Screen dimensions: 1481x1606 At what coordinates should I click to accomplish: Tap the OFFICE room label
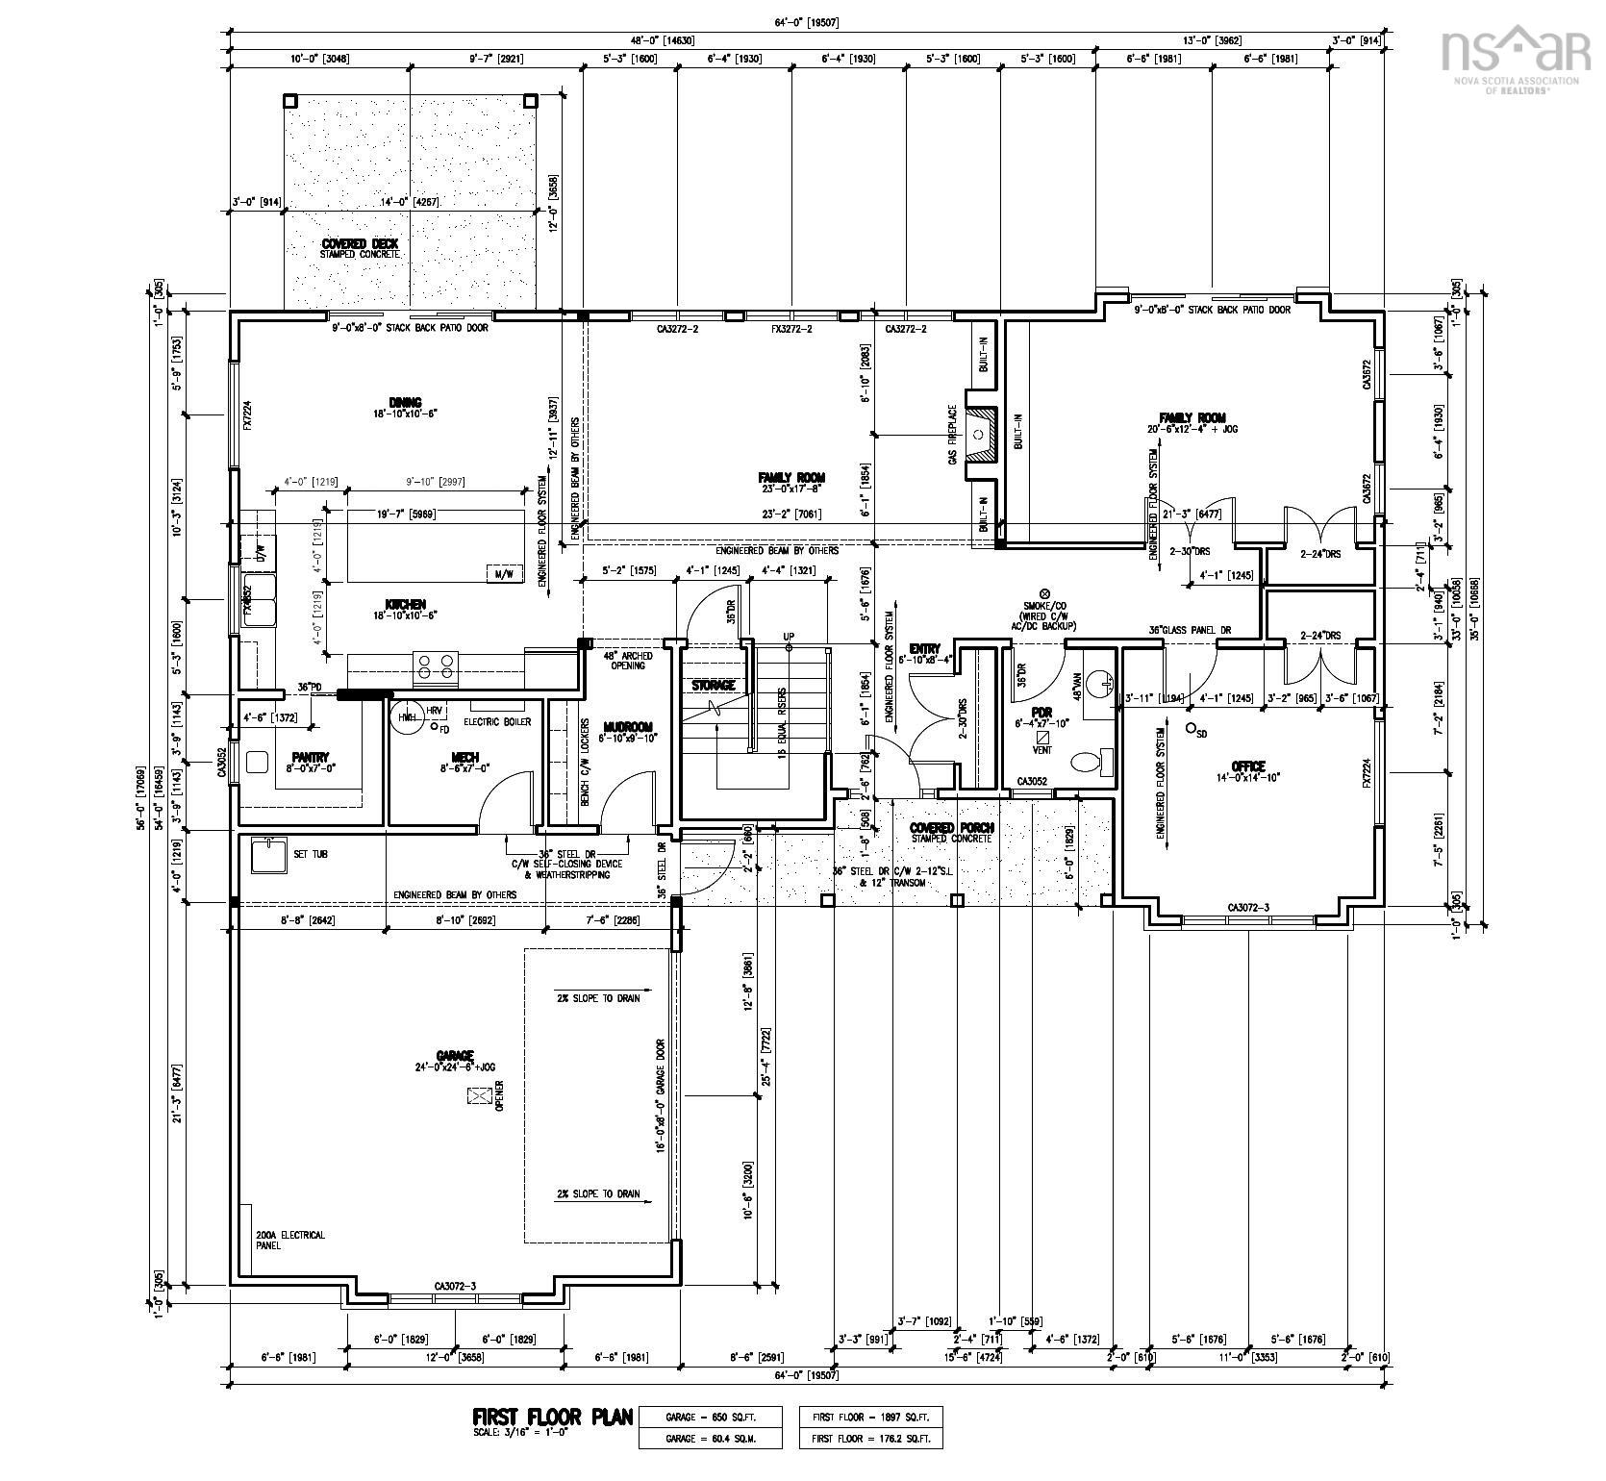(1247, 766)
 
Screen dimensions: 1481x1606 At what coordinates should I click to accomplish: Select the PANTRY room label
(311, 757)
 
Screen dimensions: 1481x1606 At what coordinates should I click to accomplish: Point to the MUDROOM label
(628, 727)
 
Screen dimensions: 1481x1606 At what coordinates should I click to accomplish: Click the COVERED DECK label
(360, 244)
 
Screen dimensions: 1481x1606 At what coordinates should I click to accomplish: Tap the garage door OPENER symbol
(479, 1095)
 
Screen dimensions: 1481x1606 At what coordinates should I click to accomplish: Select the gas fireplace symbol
(978, 435)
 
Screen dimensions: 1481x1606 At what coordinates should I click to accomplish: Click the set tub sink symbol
(268, 854)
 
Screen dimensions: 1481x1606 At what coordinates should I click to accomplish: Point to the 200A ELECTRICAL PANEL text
(289, 1240)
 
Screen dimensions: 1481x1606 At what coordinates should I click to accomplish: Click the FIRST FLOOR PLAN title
(552, 1416)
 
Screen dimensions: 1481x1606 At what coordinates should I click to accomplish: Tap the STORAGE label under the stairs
(714, 685)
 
